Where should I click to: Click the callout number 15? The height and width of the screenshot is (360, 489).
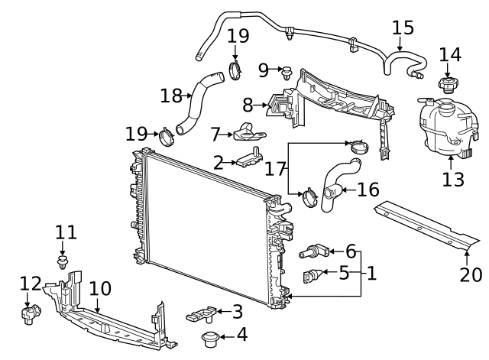pyautogui.click(x=403, y=28)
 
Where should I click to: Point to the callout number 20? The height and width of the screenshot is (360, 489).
pyautogui.click(x=471, y=274)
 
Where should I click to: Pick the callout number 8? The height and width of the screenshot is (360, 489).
pyautogui.click(x=247, y=105)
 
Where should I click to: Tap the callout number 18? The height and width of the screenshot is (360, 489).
pyautogui.click(x=171, y=96)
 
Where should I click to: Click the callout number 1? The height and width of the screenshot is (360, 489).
pyautogui.click(x=371, y=272)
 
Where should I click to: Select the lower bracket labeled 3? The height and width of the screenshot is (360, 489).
pyautogui.click(x=200, y=313)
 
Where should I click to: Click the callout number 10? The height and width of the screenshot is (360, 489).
pyautogui.click(x=100, y=289)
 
